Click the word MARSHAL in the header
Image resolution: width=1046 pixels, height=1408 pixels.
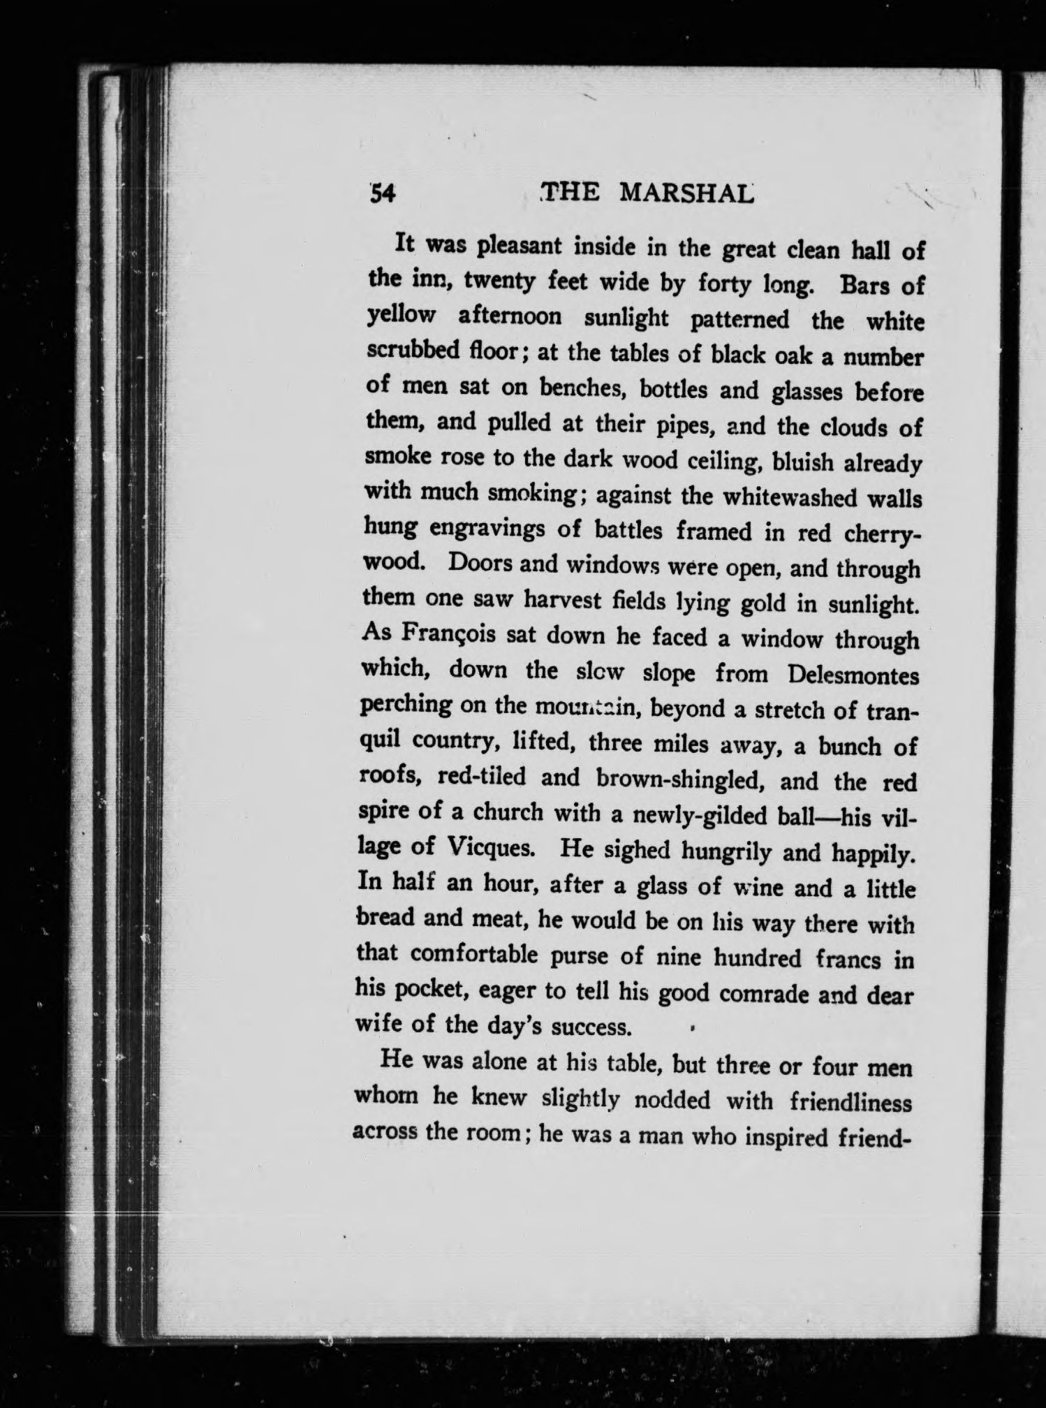[686, 193]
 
